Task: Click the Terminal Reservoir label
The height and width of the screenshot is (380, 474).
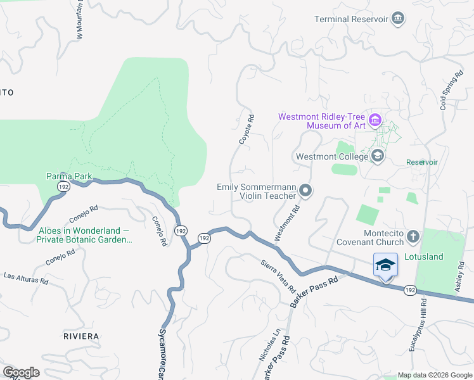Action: tap(351, 18)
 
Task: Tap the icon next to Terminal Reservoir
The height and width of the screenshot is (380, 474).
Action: tap(398, 18)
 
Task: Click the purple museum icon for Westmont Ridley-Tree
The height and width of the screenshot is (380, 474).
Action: tap(375, 119)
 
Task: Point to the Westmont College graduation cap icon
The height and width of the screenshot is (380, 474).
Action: tap(378, 156)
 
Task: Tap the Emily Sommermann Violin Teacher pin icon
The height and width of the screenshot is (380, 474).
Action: tap(306, 191)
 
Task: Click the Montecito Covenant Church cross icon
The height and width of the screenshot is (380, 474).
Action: tap(413, 237)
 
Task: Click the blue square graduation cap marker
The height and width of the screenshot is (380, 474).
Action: tap(385, 265)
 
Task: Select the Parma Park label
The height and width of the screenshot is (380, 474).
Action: tap(69, 176)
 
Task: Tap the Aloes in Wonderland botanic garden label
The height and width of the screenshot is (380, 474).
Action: tap(84, 235)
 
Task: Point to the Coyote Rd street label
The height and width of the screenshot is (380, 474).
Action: tap(247, 129)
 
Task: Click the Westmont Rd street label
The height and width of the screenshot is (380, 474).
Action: tap(286, 222)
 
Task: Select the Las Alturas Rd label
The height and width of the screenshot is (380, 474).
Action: tap(26, 277)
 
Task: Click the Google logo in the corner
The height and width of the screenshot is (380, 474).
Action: tap(21, 372)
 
